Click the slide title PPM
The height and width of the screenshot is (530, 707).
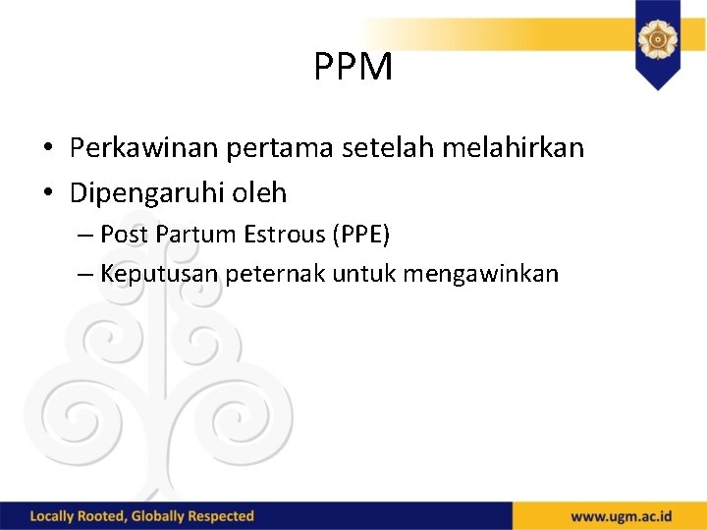[353, 67]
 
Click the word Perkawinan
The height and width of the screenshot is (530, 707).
[144, 148]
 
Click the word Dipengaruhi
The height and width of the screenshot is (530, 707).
[147, 193]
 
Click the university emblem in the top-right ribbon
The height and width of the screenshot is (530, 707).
[657, 40]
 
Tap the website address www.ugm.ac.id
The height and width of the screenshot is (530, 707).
[623, 516]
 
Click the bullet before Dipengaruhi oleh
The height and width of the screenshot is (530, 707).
[47, 193]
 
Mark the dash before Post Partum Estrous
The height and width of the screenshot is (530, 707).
[84, 236]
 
